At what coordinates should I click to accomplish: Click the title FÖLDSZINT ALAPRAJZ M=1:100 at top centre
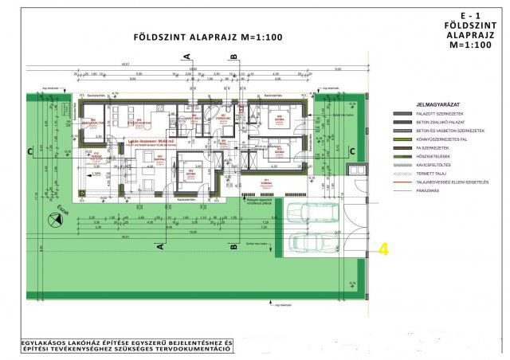[206, 37]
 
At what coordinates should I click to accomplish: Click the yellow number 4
[383, 248]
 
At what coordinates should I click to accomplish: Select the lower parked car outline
[307, 241]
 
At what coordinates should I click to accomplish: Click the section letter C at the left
[29, 150]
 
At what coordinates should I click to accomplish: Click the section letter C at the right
[351, 150]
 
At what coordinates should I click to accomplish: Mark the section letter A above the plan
[187, 57]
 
